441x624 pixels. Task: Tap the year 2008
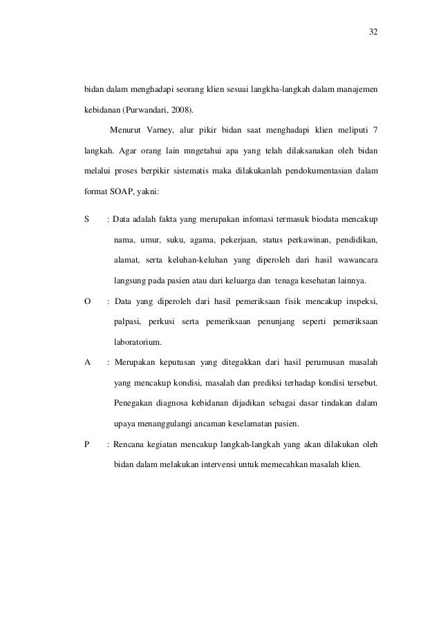tap(181, 109)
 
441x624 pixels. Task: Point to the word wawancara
tap(355, 261)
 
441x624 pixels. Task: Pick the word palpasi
tap(129, 321)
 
